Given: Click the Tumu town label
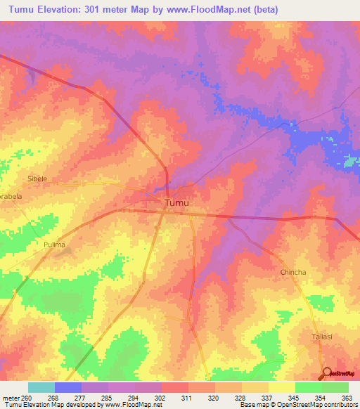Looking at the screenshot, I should click(176, 203).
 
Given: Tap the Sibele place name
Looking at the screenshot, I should click(37, 179).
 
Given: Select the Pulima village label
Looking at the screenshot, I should click(54, 245).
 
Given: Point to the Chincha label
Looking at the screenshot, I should click(293, 272).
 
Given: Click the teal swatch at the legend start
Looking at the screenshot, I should click(41, 387).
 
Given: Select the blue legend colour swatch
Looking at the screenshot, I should click(68, 387).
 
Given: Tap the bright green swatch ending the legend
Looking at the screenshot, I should click(335, 387).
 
